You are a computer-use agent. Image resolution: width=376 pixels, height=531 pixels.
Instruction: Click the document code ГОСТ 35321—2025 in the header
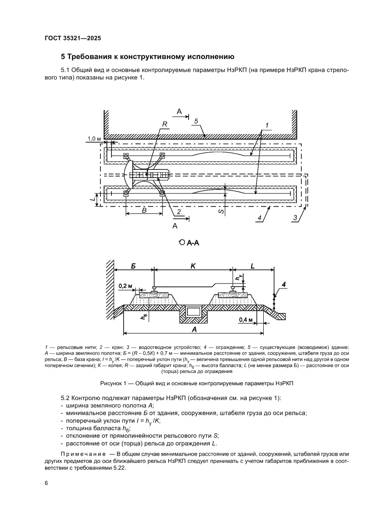coord(72,39)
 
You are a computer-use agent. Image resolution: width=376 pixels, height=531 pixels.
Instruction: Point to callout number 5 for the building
coord(196,121)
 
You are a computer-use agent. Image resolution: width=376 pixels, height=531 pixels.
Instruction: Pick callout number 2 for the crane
coord(179,212)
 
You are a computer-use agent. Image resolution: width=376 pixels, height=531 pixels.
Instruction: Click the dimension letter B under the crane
coord(144,210)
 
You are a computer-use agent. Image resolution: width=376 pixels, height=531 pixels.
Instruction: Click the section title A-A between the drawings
coord(191,243)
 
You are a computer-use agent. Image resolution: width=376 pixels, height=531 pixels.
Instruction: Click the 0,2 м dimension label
coord(125,286)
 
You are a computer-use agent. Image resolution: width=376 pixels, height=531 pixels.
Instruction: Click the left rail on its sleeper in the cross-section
coord(155,290)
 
